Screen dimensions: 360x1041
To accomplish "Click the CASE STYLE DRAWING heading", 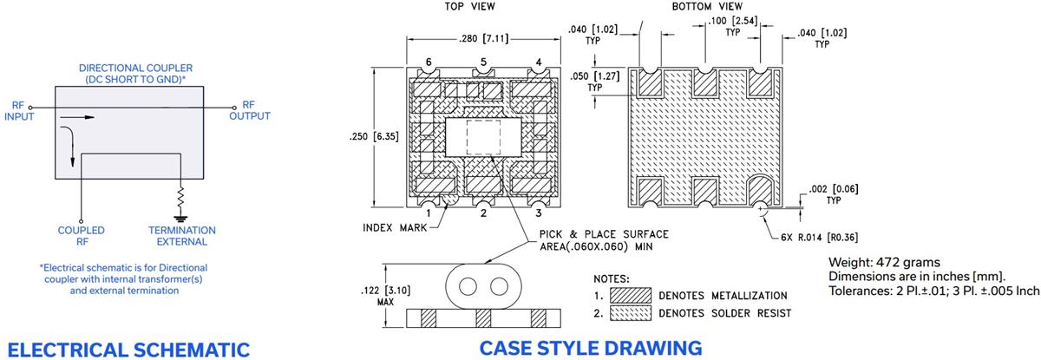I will pyautogui.click(x=590, y=348).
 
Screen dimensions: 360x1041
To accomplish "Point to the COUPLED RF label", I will pyautogui.click(x=82, y=236).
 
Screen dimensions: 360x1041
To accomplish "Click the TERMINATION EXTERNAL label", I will pyautogui.click(x=182, y=236).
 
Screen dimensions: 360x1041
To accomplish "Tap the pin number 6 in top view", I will pyautogui.click(x=429, y=62).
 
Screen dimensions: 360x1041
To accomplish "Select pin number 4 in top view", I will pyautogui.click(x=539, y=62).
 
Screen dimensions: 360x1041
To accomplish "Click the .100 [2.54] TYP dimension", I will pyautogui.click(x=727, y=25).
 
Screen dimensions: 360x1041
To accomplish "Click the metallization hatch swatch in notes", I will pyautogui.click(x=630, y=295).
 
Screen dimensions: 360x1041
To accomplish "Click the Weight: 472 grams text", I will pyautogui.click(x=874, y=263).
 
